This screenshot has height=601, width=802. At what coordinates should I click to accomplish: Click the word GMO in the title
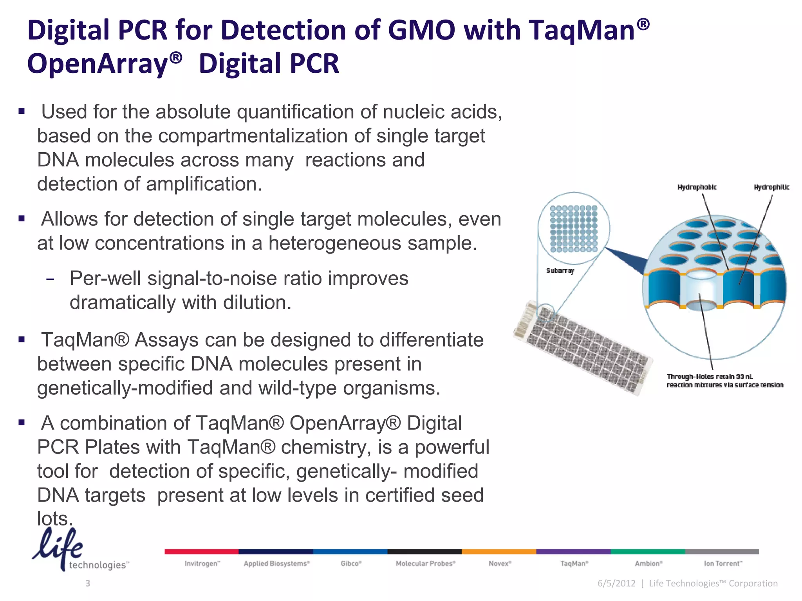pyautogui.click(x=422, y=30)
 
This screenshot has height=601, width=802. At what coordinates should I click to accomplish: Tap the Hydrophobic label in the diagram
pyautogui.click(x=697, y=187)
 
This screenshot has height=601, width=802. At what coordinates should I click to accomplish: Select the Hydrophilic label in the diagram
pyautogui.click(x=771, y=187)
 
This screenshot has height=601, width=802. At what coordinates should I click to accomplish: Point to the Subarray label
pyautogui.click(x=560, y=271)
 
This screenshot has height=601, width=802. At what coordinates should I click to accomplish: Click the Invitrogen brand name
pyautogui.click(x=202, y=563)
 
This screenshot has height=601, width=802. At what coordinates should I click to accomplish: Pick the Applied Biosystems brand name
pyautogui.click(x=276, y=563)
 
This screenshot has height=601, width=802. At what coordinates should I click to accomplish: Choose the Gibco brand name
pyautogui.click(x=351, y=563)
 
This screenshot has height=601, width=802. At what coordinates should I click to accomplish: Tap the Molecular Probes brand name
pyautogui.click(x=425, y=563)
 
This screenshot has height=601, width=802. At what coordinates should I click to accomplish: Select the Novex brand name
pyautogui.click(x=500, y=563)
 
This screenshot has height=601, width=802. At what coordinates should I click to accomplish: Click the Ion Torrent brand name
pyautogui.click(x=723, y=563)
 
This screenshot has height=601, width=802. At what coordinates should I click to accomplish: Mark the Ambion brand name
pyautogui.click(x=648, y=563)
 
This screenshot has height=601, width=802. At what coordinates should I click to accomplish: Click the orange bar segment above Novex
pyautogui.click(x=499, y=551)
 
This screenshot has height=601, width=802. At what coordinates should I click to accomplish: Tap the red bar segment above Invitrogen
pyautogui.click(x=201, y=551)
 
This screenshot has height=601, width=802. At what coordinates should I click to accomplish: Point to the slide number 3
pyautogui.click(x=88, y=583)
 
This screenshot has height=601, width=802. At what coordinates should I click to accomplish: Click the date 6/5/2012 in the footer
pyautogui.click(x=616, y=583)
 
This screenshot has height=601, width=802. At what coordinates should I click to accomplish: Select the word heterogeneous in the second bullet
pyautogui.click(x=335, y=243)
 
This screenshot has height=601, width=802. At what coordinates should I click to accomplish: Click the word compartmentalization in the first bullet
pyautogui.click(x=253, y=136)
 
